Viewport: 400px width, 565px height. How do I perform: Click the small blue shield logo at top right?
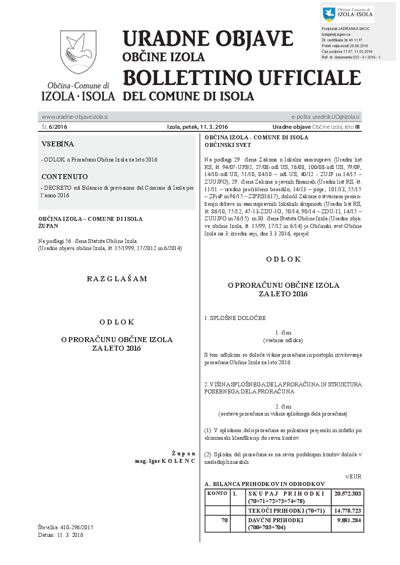(x=328, y=14)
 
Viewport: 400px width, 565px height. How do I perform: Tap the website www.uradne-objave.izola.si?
(x=75, y=117)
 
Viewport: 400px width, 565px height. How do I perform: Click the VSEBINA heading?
(x=58, y=144)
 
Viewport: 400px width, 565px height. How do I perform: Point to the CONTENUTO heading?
(x=64, y=177)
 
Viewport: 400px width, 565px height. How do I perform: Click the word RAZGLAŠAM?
(x=117, y=278)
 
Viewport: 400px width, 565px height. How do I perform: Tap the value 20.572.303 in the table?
(x=347, y=494)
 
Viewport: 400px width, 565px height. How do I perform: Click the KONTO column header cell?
(x=217, y=493)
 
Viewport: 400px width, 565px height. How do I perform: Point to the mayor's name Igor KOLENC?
(x=171, y=461)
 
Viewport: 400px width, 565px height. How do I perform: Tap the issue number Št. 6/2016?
(x=55, y=127)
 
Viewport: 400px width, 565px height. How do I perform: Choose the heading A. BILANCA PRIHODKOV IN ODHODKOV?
(x=264, y=484)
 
